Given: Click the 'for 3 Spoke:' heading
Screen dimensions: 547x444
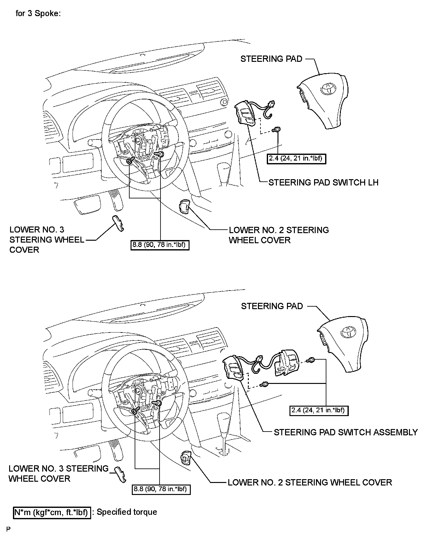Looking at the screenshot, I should [x=38, y=14].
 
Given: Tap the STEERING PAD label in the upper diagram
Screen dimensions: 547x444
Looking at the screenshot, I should [x=271, y=59].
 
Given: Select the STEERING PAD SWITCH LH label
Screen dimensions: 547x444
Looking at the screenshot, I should [x=323, y=182].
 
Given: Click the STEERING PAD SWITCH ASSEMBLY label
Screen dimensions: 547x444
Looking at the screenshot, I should [x=346, y=432].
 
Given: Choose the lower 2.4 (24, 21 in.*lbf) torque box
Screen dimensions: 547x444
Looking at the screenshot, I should [x=318, y=410].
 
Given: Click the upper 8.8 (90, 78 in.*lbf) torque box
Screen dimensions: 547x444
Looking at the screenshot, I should [x=160, y=245].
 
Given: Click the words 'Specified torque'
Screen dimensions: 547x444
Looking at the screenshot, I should [x=127, y=512].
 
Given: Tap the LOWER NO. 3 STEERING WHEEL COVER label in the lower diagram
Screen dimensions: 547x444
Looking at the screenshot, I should [x=58, y=473].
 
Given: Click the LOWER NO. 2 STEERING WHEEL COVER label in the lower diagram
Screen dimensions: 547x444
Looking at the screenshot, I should [x=310, y=482].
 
